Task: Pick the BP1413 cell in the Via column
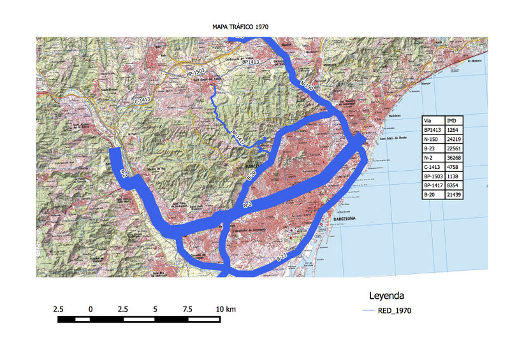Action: pos(433,130)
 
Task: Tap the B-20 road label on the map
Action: pos(251,174)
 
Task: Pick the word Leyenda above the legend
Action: pos(386,296)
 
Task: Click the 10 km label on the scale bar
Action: pos(226,308)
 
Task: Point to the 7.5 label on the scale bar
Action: pos(187,308)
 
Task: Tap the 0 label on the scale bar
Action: pos(91,308)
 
